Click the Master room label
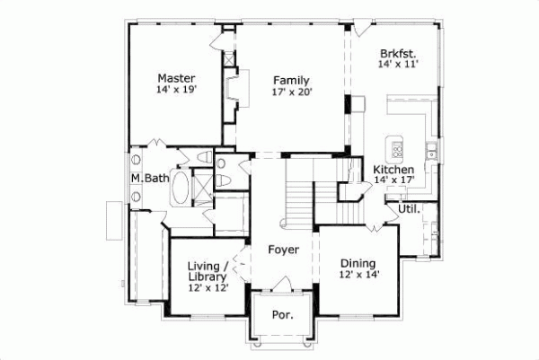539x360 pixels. pos(176,77)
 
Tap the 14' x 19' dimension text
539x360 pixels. pos(176,90)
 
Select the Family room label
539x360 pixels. pos(291,80)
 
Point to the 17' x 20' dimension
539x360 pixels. pos(291,92)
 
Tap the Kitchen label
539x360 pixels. pos(393,170)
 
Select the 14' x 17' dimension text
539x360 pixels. pos(393,181)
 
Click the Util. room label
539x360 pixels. pos(396,209)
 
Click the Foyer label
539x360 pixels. pos(283,249)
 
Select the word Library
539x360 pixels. pos(208,277)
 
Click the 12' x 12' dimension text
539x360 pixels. pos(208,288)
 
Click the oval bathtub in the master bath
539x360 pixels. pos(181,189)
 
